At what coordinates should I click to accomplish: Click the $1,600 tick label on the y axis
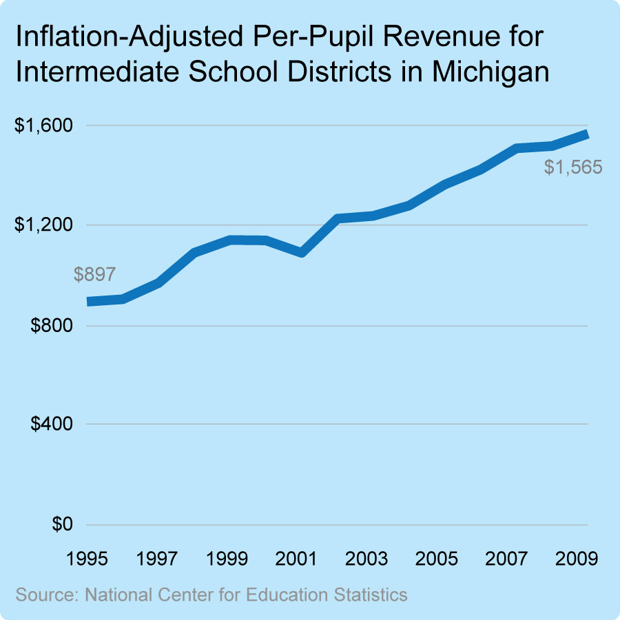43,126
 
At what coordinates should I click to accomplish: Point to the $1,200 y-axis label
43,225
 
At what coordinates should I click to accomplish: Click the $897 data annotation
94,275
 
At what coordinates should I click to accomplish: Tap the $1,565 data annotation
573,167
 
